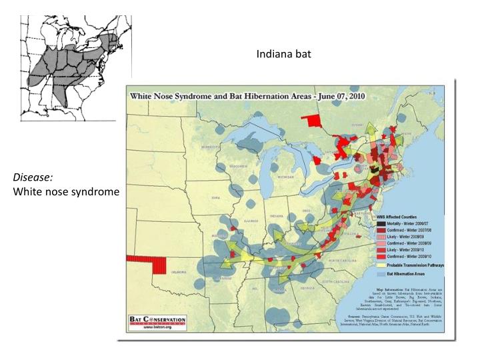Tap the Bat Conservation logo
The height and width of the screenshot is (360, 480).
pos(157,322)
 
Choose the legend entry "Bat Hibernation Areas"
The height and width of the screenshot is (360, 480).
pos(407,273)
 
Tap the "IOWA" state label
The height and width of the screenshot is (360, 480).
pos(214,198)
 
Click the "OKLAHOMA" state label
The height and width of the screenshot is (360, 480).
pos(183,271)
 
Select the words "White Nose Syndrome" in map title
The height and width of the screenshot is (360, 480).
pos(178,95)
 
